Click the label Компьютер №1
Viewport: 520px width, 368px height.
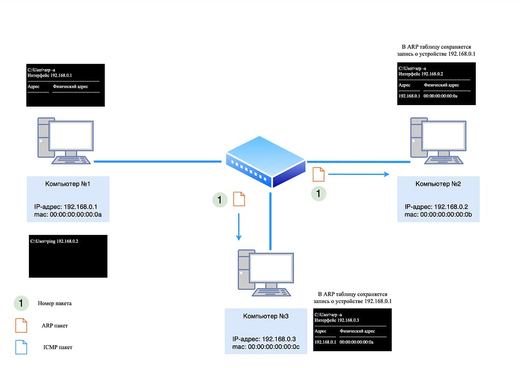[x=68, y=183]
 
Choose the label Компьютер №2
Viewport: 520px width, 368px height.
[x=438, y=183]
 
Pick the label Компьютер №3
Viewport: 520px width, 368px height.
[x=266, y=316]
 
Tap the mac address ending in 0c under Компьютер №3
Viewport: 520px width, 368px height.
[x=266, y=347]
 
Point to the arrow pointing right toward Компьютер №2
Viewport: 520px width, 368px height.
[x=358, y=174]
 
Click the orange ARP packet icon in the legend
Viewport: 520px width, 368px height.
[x=21, y=325]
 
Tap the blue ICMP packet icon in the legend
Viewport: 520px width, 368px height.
[x=21, y=347]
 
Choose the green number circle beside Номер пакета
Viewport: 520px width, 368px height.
[x=21, y=303]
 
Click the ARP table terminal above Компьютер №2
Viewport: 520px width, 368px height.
[x=436, y=84]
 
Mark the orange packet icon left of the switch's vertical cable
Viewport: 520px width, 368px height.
[x=239, y=199]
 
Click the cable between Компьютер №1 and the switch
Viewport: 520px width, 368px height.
[x=157, y=161]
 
